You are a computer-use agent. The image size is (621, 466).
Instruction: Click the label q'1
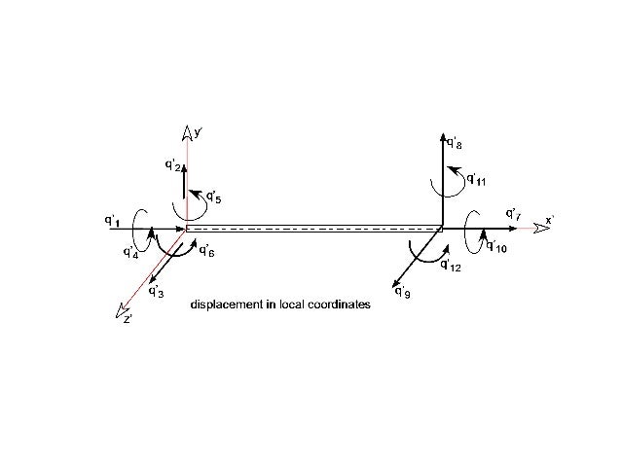coord(112,221)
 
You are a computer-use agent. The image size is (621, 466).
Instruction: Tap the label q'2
coord(172,164)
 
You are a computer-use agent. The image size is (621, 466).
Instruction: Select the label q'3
coord(156,291)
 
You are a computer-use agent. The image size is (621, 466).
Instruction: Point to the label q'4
coord(130,253)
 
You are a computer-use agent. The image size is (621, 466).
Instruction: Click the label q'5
coord(213,199)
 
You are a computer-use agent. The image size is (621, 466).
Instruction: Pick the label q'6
coord(206,252)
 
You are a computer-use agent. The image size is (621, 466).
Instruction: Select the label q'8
coord(455,144)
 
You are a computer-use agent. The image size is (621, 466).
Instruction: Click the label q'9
coord(402,291)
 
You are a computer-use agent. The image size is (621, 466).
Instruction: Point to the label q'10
coord(496,247)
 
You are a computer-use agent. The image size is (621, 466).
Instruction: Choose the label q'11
coord(476,180)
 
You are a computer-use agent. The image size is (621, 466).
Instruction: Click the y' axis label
coord(197,130)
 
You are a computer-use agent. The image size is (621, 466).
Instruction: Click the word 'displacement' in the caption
coord(221,305)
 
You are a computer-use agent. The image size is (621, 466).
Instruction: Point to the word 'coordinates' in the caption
coord(337,305)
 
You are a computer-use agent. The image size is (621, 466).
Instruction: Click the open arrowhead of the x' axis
coord(530,229)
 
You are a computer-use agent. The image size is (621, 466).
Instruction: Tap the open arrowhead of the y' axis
coord(186,132)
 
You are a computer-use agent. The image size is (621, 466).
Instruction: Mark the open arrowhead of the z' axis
coord(121,311)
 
